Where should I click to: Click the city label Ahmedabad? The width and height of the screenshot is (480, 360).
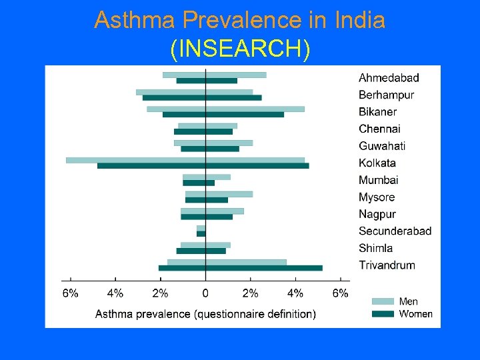click(389, 78)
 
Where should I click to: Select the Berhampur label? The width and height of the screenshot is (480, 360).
click(386, 95)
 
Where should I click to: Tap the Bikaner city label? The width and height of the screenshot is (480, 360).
click(377, 112)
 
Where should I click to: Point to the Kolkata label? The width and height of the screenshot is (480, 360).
click(377, 163)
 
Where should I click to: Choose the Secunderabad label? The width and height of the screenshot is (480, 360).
click(395, 231)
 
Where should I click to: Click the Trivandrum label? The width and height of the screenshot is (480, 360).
click(387, 265)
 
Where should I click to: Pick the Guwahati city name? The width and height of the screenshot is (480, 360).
click(381, 146)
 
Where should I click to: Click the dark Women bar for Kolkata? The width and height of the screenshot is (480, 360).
click(203, 165)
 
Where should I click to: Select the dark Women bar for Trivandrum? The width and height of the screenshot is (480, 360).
click(240, 268)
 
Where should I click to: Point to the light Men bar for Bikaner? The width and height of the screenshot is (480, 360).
click(225, 109)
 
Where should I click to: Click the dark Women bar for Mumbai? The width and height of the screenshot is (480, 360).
click(199, 183)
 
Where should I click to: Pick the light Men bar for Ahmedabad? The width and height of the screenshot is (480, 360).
click(214, 75)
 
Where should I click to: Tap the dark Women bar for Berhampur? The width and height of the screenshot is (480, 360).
click(201, 97)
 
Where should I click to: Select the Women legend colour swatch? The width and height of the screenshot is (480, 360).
click(383, 314)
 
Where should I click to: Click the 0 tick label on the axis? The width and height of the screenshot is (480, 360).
click(205, 293)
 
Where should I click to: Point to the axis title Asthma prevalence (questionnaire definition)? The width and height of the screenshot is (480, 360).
click(205, 314)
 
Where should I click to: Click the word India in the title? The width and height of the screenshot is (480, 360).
click(360, 20)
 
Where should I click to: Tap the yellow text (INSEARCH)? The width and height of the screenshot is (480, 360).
click(240, 48)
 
